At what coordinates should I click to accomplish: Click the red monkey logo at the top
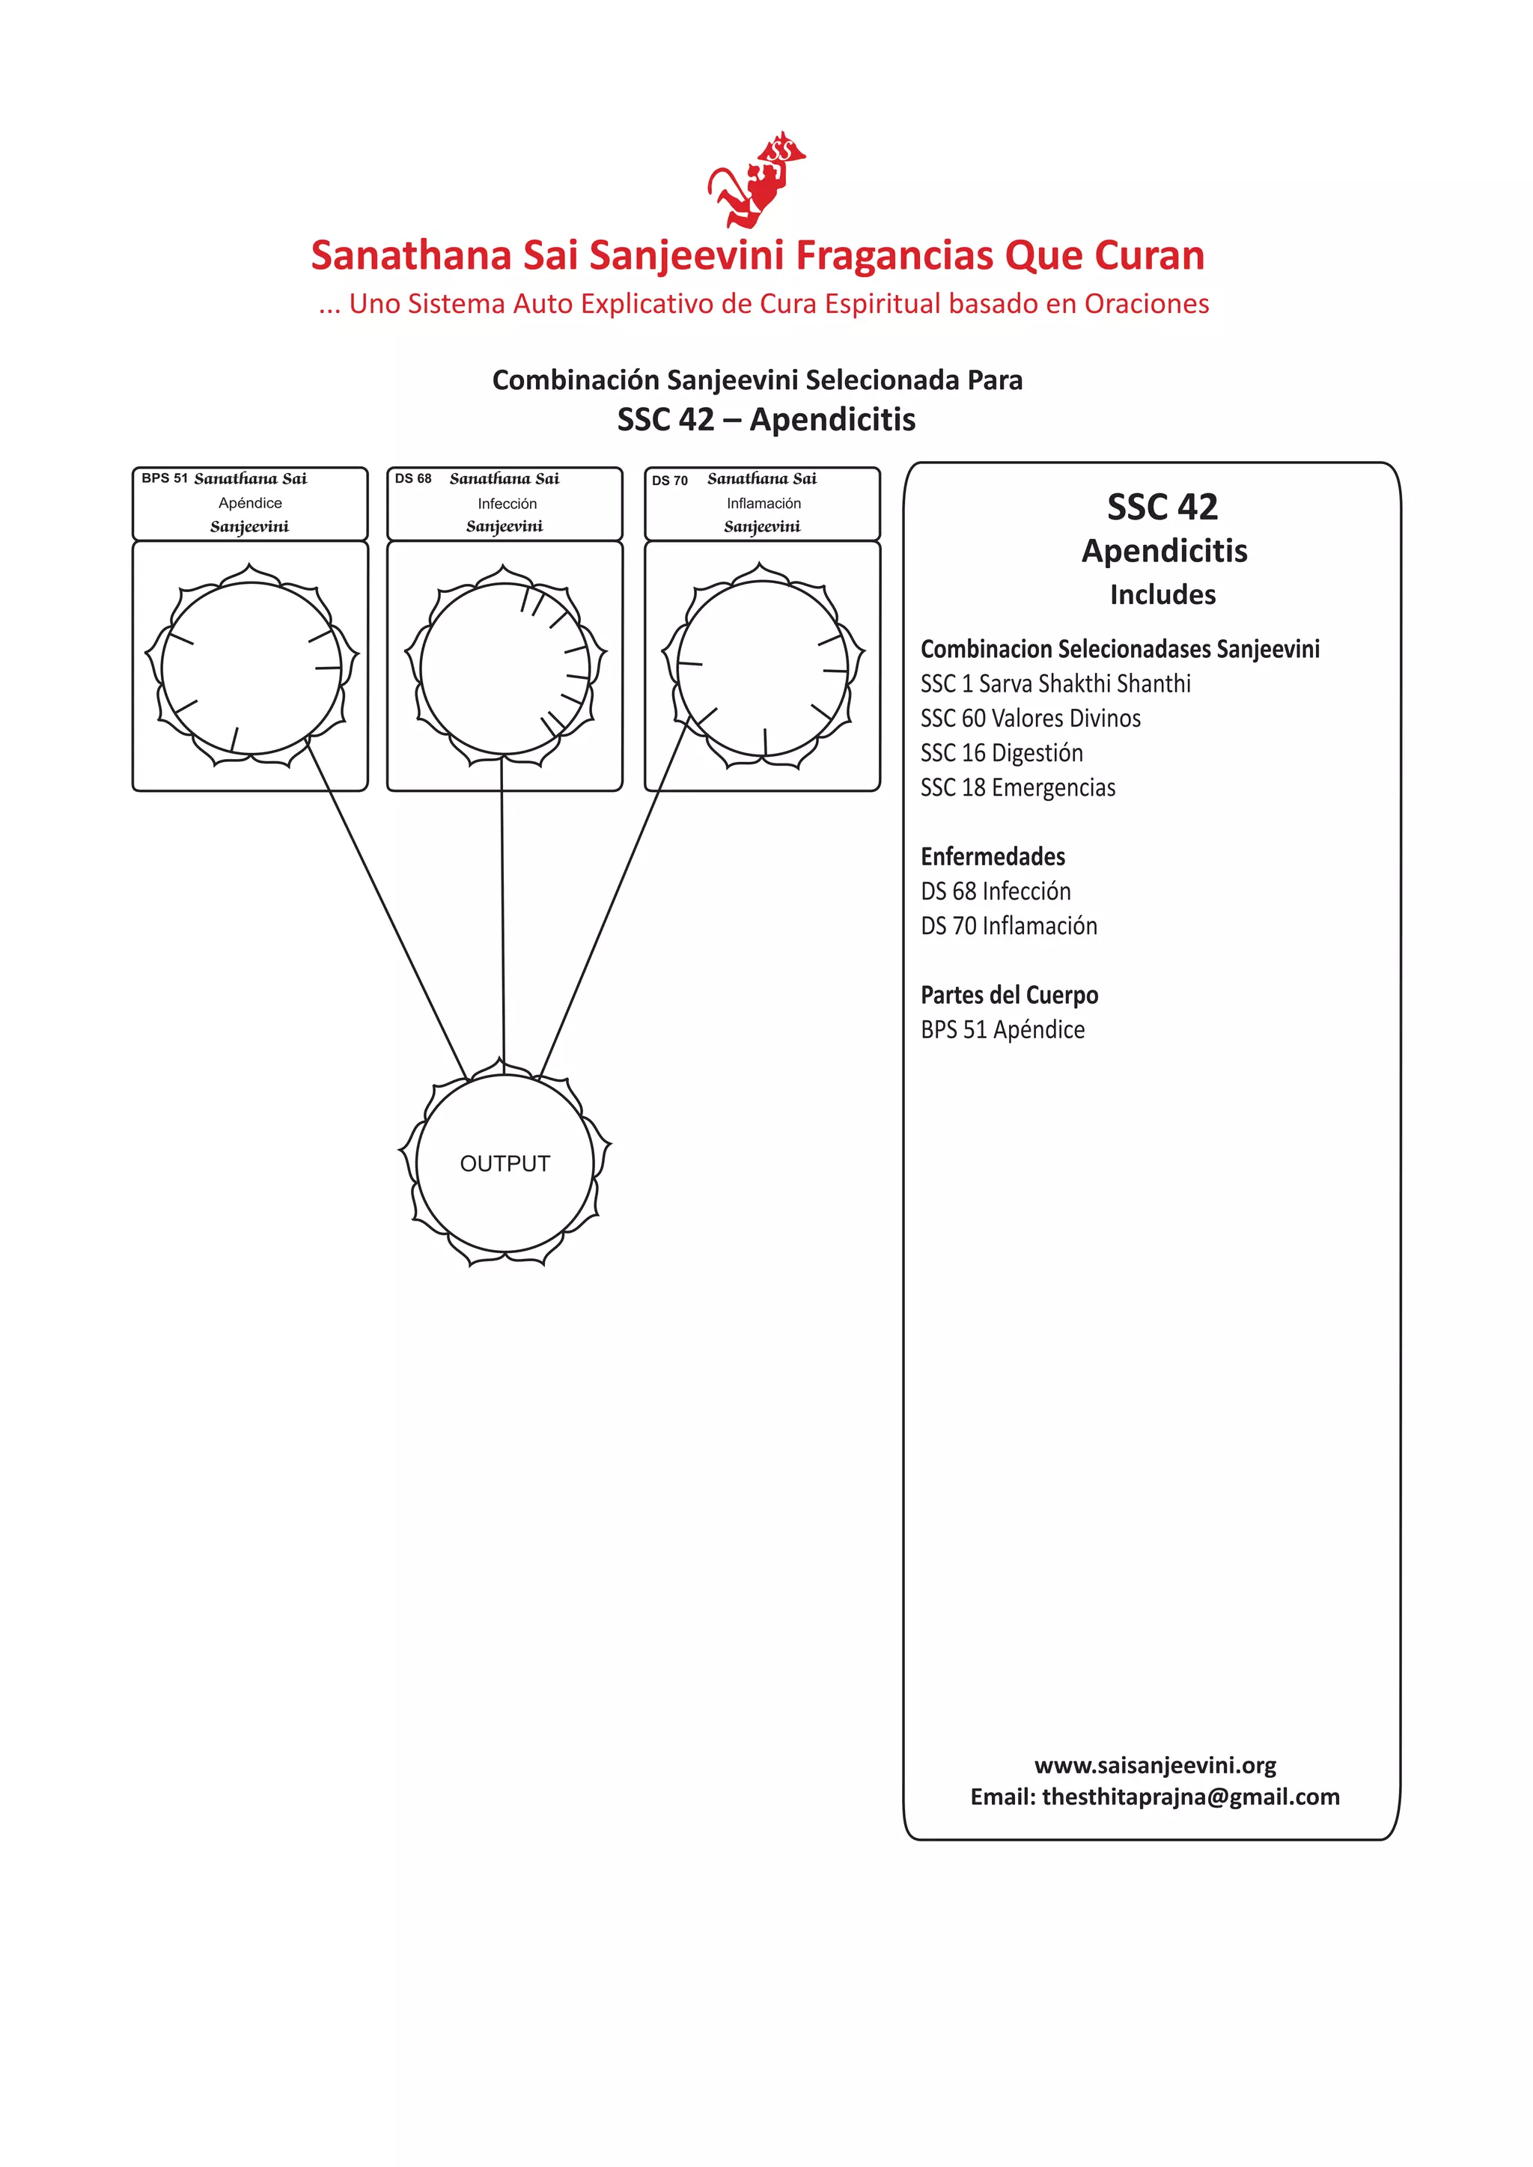(755, 180)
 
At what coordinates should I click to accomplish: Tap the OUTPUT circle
(505, 1162)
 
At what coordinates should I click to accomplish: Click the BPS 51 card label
(164, 478)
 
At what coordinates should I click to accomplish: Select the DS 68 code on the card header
(413, 478)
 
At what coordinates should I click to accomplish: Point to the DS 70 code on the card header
(669, 481)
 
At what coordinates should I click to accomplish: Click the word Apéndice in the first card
(250, 503)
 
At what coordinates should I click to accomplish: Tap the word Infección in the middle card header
(507, 504)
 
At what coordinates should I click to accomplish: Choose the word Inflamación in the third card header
(764, 504)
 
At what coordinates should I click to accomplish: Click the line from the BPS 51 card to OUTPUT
(387, 911)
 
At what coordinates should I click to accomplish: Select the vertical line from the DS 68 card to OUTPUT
(502, 911)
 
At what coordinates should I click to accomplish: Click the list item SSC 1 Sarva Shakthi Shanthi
(1055, 683)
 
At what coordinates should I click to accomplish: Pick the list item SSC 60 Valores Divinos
(1030, 719)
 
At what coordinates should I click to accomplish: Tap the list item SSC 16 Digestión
(1002, 753)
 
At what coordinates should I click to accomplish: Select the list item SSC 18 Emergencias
(1017, 787)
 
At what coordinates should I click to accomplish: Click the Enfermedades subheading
(993, 856)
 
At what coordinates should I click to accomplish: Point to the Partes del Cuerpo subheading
(1009, 995)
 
